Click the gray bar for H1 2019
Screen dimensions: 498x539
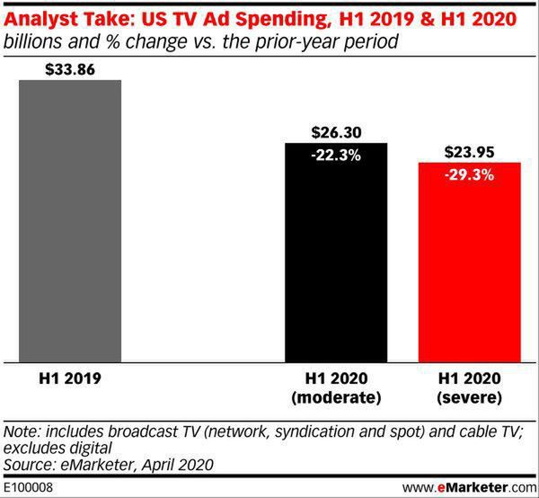[x=70, y=220]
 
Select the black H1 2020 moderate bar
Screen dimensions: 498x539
[x=336, y=261]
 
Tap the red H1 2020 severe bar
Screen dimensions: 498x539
[x=470, y=270]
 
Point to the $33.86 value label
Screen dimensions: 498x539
[x=70, y=68]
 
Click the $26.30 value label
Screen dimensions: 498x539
[x=336, y=131]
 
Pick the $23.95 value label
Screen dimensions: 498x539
[x=470, y=151]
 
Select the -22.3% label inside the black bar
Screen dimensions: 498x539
[x=336, y=155]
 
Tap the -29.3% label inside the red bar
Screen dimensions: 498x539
[x=470, y=174]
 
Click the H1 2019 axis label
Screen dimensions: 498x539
[x=70, y=378]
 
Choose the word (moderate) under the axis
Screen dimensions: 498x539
[x=336, y=396]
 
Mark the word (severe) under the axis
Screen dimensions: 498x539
[x=470, y=396]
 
